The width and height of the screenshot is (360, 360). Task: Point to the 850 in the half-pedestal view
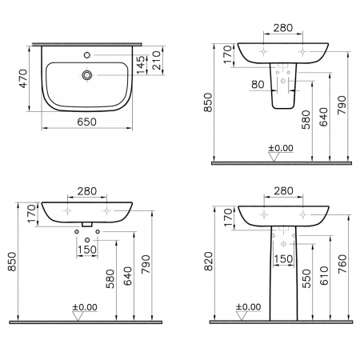tap(221, 102)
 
